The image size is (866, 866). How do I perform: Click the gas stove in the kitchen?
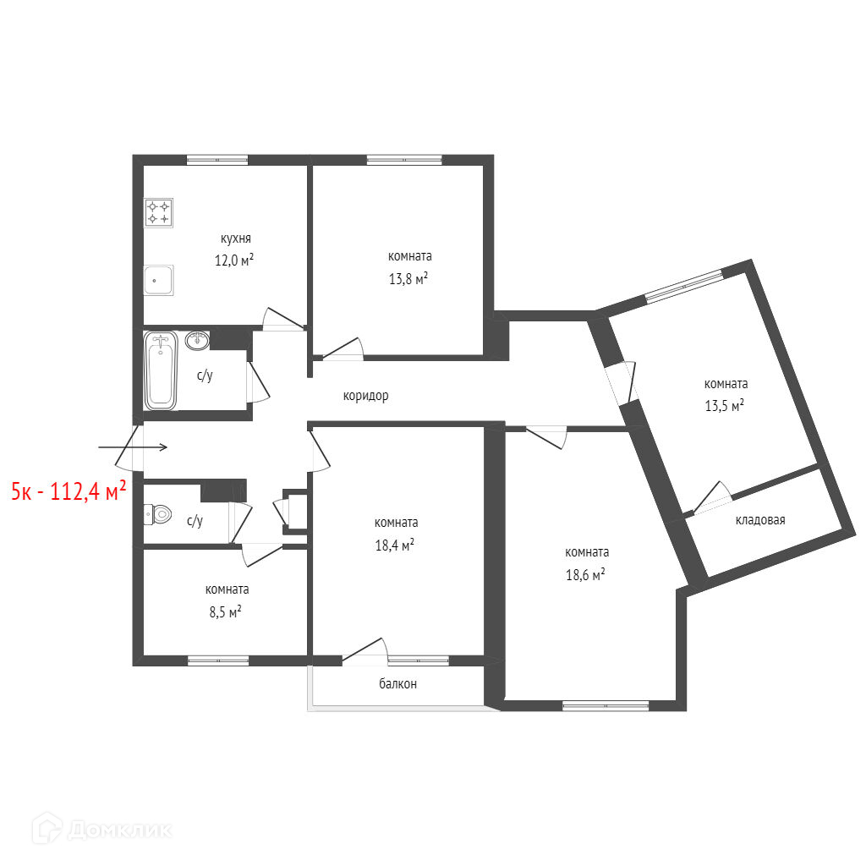[158, 212]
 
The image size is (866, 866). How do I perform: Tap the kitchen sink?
[158, 280]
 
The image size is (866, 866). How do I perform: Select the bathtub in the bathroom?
[160, 370]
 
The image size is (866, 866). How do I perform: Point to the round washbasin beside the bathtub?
[197, 341]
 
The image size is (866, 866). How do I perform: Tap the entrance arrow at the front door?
[133, 447]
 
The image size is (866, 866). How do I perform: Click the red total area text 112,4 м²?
[88, 491]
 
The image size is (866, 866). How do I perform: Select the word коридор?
[365, 396]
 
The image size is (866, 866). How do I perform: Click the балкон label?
[397, 683]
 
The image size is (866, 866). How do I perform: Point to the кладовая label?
[760, 520]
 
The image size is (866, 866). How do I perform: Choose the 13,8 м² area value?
[408, 277]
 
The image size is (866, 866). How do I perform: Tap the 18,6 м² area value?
[585, 574]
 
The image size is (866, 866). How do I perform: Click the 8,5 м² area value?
[225, 611]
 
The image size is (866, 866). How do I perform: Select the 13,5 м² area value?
[724, 405]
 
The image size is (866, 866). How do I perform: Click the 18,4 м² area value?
[394, 545]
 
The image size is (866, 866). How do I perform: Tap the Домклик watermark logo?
[101, 829]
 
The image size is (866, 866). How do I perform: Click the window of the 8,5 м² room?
[218, 660]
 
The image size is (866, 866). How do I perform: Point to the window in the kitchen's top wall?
[217, 160]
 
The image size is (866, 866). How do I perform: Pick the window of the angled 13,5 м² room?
[684, 286]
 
